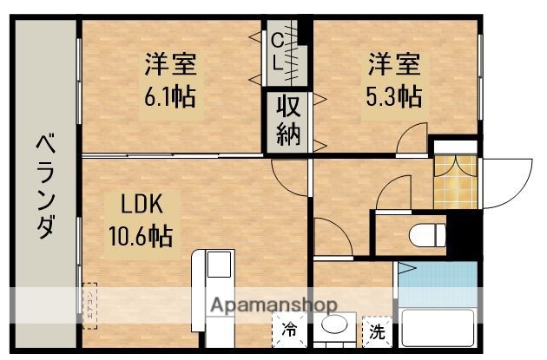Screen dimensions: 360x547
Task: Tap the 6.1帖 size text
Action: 170,94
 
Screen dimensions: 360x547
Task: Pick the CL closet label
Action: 276,51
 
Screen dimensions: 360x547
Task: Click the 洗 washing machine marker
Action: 377,331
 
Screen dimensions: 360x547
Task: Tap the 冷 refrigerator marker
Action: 289,331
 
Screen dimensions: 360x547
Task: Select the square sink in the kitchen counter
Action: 217,264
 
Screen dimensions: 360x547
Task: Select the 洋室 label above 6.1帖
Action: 170,63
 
